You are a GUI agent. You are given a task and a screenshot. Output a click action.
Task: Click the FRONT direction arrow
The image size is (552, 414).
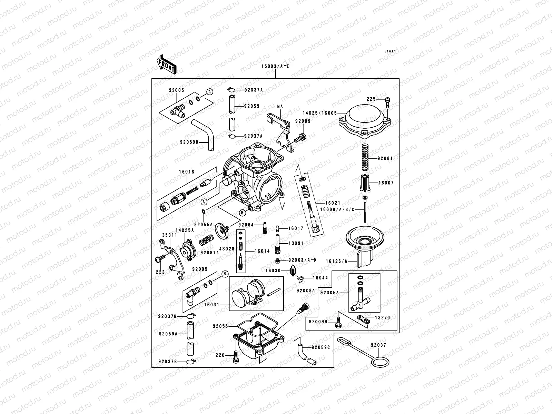[167, 64]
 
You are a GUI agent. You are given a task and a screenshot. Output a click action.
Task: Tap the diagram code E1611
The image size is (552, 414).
[390, 51]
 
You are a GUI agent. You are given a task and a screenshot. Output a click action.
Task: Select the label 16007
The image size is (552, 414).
[386, 183]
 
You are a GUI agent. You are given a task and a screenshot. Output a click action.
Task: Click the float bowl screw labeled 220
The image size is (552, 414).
[236, 357]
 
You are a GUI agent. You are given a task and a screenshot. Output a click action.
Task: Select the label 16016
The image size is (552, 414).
[187, 171]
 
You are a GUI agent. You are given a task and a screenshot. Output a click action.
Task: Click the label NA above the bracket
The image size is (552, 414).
[279, 107]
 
